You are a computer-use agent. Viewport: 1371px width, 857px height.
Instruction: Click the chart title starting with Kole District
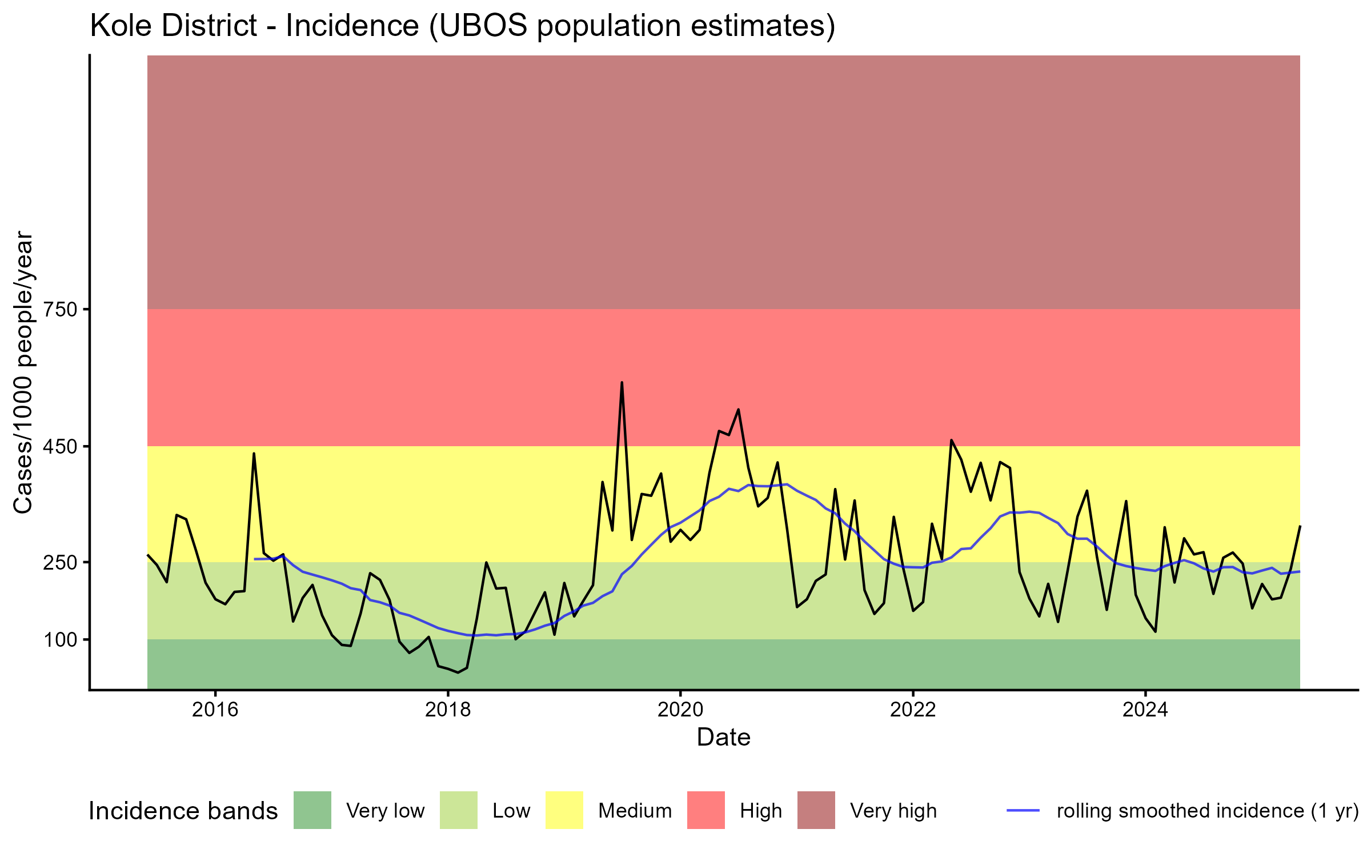pos(463,26)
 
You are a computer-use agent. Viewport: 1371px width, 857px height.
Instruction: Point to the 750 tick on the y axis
pos(60,309)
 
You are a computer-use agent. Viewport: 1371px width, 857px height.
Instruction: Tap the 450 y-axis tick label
pos(60,446)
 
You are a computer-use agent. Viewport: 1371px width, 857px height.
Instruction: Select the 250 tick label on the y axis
pos(60,562)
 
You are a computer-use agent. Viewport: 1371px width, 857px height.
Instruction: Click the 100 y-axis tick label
pos(60,639)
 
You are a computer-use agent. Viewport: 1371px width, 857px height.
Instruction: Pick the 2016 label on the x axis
pos(215,710)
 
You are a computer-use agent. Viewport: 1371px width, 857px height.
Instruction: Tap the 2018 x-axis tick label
pos(448,710)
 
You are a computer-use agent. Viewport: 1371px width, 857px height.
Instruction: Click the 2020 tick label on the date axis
pos(680,710)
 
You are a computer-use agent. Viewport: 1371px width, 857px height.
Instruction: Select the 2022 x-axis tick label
pos(913,710)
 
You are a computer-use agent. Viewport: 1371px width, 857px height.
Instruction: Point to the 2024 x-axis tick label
pos(1145,710)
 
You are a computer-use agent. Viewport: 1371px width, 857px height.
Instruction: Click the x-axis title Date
pos(723,738)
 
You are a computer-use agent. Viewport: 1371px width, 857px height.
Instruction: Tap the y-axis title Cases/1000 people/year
pos(23,372)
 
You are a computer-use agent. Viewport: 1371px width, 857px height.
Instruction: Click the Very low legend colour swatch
pos(312,810)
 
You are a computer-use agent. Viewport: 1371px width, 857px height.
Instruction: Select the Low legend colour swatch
pos(459,810)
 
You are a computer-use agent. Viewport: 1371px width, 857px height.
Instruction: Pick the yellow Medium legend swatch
pos(564,810)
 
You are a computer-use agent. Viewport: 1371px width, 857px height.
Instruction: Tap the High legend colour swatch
pos(706,810)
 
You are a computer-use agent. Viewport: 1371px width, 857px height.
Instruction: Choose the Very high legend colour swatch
pos(816,810)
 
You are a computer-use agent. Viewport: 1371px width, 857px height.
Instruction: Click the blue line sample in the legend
pos(1023,810)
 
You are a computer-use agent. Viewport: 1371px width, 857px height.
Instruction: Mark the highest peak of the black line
pos(622,382)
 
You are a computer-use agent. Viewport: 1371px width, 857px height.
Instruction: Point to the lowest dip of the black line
pos(458,672)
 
